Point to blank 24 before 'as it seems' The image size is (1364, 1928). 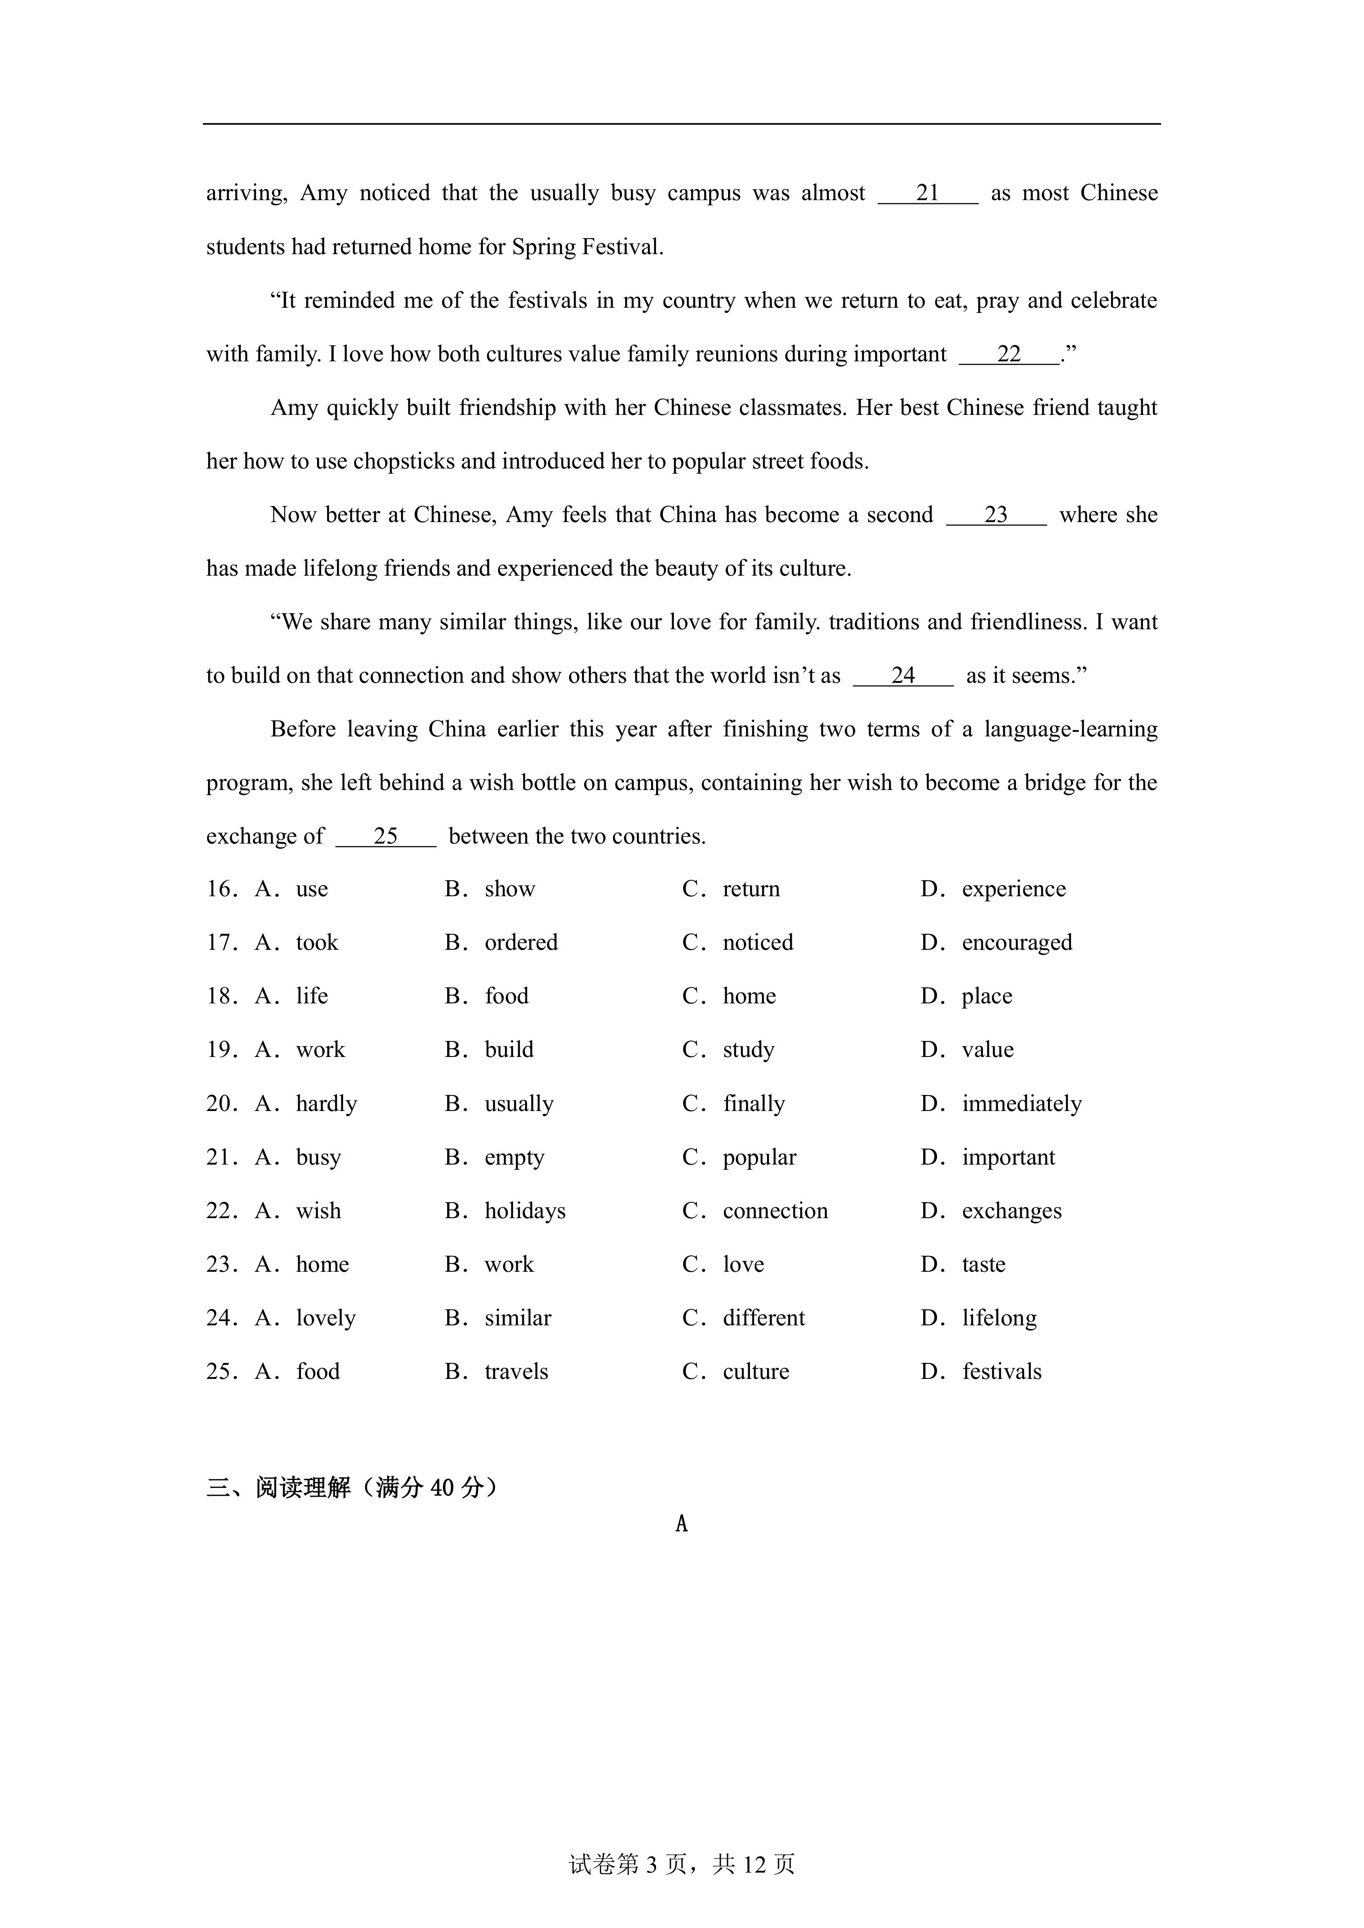coord(903,676)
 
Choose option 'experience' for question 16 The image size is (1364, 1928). coord(1013,889)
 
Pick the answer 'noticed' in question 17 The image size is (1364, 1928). coord(757,943)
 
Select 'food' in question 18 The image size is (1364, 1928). coord(506,997)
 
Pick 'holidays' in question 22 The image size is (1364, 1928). coord(525,1211)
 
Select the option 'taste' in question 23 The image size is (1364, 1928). coord(984,1264)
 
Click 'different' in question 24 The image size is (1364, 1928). coord(763,1318)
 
